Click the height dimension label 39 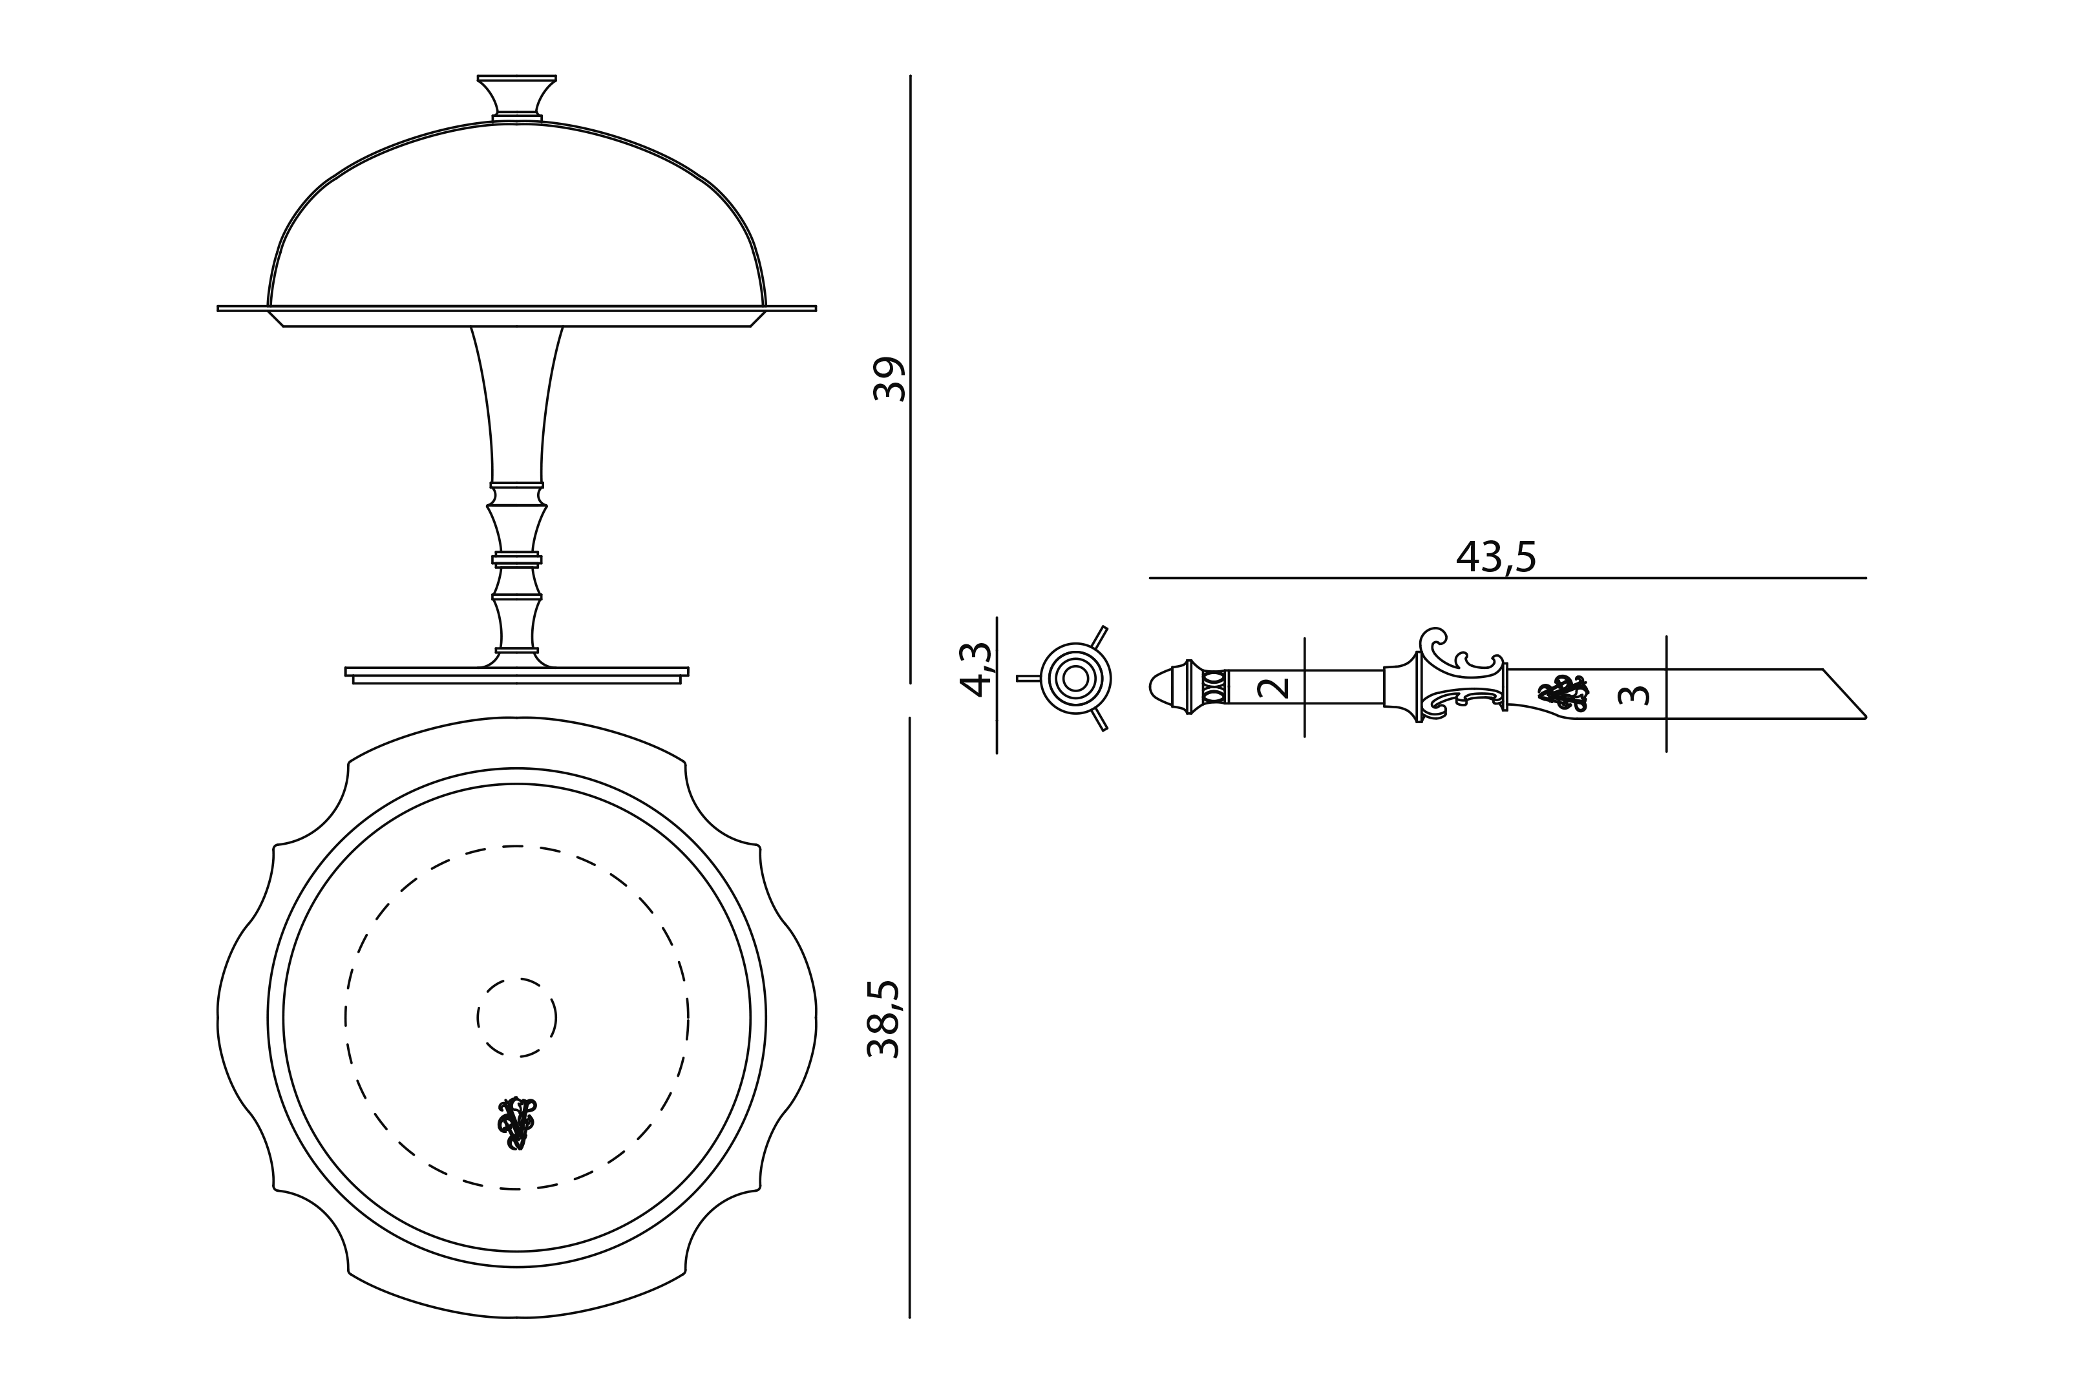pos(887,379)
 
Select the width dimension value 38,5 pos(884,1019)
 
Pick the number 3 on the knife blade pos(1633,693)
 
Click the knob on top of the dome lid pos(517,97)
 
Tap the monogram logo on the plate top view pos(516,1123)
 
